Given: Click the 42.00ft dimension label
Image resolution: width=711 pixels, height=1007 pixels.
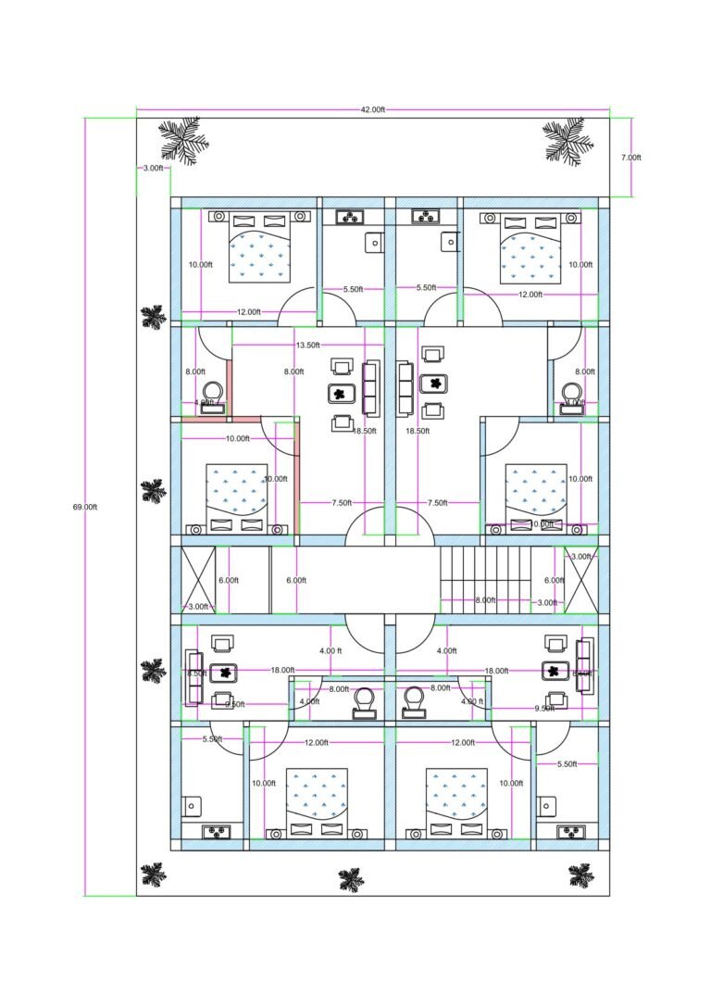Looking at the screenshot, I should point(372,109).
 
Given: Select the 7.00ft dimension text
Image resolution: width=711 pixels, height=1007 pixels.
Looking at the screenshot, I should point(630,157).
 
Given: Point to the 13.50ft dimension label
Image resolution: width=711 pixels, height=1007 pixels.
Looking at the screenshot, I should point(308,345).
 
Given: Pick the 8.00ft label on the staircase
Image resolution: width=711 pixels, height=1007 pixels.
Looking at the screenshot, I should point(484,600).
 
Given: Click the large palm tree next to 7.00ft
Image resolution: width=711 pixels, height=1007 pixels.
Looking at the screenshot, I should point(567,140).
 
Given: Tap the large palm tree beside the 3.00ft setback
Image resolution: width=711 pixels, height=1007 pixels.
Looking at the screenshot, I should point(183,140).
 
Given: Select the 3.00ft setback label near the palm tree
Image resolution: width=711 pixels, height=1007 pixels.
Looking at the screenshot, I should point(153,169).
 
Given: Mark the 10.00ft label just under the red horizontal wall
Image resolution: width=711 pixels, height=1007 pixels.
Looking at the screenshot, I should point(237,438).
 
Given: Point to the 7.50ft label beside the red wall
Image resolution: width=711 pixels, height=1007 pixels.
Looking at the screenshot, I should point(341,503).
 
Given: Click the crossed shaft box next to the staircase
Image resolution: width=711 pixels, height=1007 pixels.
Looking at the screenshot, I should point(580,580).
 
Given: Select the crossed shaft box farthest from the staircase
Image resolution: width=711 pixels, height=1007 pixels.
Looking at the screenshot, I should point(199,580).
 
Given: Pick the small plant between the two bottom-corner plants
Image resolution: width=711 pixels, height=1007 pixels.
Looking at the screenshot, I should point(350,879).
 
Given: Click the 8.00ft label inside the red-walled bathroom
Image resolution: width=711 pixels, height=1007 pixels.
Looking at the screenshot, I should point(195,371).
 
